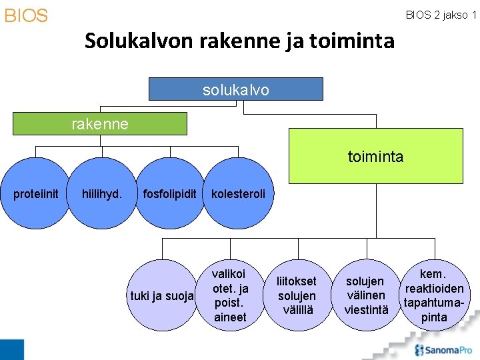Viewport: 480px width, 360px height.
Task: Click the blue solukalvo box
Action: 235,89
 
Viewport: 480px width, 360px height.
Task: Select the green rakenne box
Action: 100,124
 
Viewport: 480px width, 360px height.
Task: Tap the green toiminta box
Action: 375,156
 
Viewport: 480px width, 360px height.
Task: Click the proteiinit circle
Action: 36,194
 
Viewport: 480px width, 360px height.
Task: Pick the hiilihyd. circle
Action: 101,194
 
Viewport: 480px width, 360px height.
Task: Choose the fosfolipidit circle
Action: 169,194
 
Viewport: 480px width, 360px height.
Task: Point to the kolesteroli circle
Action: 238,194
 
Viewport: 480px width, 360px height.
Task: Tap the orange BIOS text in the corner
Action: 26,16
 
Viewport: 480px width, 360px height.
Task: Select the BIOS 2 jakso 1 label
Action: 441,15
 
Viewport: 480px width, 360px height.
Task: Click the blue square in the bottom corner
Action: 11,349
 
